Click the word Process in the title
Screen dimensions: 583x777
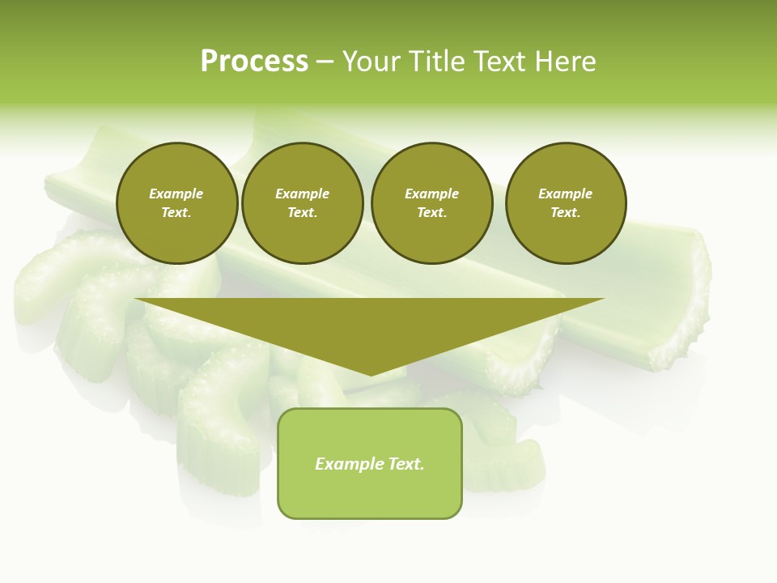pos(254,62)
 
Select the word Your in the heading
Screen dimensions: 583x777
pos(367,62)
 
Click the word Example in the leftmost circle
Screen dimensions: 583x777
pos(176,194)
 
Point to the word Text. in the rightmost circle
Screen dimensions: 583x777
pos(566,212)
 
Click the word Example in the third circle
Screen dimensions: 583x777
pos(431,194)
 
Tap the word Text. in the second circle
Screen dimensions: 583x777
pos(302,212)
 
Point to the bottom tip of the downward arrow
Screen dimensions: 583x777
pos(372,374)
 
